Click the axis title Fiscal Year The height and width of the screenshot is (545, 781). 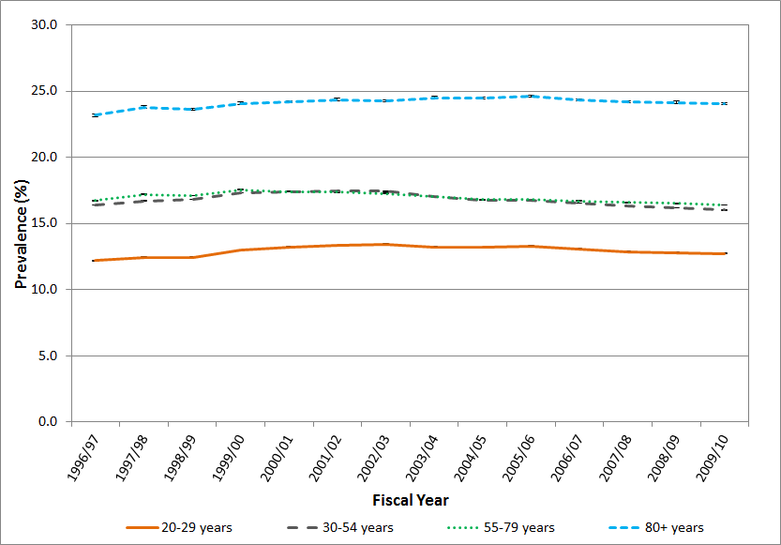[x=410, y=499]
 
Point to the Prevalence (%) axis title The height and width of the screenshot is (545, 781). [x=20, y=222]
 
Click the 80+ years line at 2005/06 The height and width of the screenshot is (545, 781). [x=530, y=96]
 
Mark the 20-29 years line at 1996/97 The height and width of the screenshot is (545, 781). [x=95, y=260]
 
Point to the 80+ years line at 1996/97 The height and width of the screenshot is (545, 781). [x=95, y=115]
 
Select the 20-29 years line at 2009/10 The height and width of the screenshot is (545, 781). [x=724, y=253]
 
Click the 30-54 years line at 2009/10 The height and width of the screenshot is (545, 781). [x=724, y=210]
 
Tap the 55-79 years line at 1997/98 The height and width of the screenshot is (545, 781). [x=143, y=194]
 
